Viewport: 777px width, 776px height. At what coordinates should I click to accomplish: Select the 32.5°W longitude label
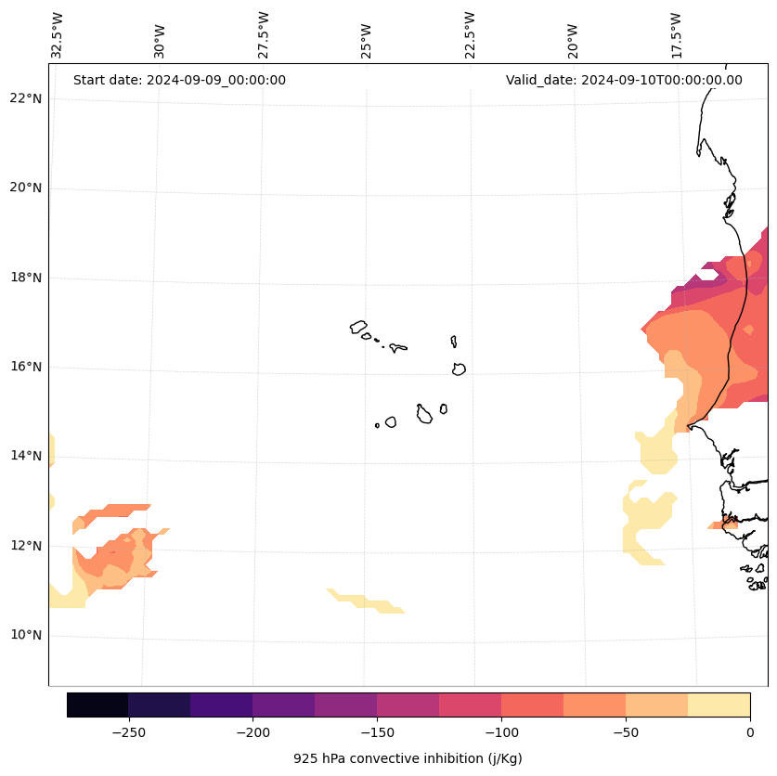tap(58, 35)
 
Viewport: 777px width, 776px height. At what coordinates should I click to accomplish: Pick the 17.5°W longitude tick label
tap(677, 35)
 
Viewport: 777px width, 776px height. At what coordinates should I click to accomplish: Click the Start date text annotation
tap(179, 80)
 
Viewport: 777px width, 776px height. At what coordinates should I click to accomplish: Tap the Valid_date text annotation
tap(624, 80)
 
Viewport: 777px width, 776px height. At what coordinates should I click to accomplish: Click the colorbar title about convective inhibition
tap(408, 758)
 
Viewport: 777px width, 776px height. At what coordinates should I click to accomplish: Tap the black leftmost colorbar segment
tap(97, 705)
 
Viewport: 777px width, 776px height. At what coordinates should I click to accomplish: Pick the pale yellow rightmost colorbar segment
tap(719, 705)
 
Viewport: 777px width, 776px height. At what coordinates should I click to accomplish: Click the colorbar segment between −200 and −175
tap(283, 705)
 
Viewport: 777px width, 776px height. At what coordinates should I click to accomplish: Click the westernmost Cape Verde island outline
tap(358, 327)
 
